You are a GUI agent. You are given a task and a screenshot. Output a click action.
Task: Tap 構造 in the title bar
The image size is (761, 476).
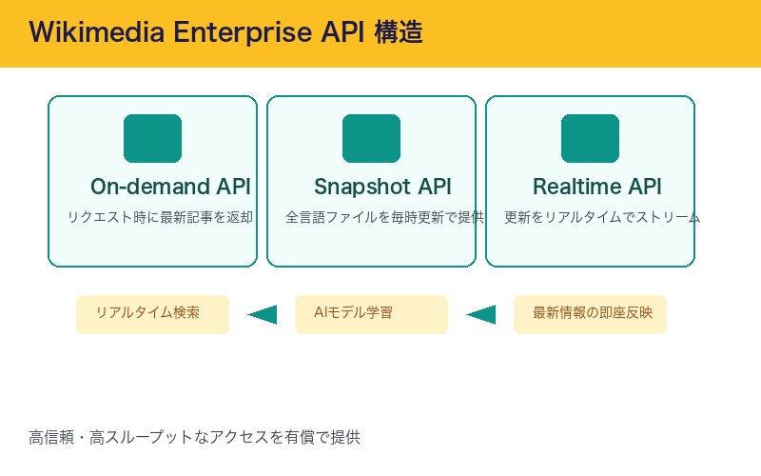tap(399, 32)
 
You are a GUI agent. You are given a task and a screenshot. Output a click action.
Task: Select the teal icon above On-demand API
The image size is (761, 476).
tap(152, 138)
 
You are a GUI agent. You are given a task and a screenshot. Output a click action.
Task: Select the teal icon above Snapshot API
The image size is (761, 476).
tap(371, 138)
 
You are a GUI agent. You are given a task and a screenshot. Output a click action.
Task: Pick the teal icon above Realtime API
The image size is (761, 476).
tap(590, 138)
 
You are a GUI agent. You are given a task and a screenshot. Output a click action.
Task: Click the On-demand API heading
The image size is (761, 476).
tap(170, 187)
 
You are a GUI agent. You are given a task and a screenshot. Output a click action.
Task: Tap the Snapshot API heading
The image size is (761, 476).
tap(382, 187)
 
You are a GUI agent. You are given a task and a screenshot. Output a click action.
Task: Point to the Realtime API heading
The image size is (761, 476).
tap(596, 187)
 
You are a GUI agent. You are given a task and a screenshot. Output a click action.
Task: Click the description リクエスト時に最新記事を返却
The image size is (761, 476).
tap(160, 217)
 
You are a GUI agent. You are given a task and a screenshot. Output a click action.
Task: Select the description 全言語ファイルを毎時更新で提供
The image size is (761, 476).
tap(384, 217)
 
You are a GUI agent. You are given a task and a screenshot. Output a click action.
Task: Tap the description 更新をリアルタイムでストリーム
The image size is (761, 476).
tap(601, 217)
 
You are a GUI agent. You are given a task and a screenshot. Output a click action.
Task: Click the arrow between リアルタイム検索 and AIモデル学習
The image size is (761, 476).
tap(263, 314)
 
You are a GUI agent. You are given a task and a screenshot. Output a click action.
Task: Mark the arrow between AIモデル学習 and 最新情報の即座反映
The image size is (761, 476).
tap(481, 314)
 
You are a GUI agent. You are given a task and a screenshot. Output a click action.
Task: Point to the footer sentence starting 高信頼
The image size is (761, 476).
tap(194, 438)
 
